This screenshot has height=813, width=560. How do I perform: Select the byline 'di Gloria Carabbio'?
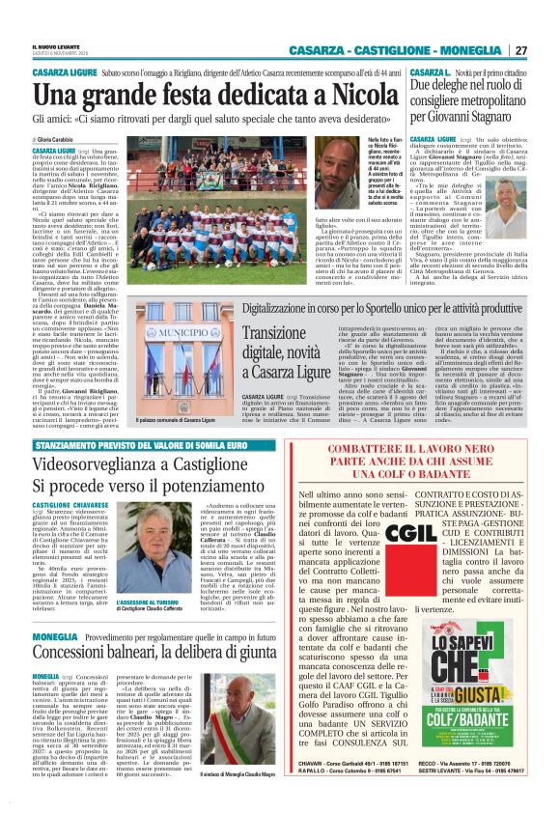[61, 141]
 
